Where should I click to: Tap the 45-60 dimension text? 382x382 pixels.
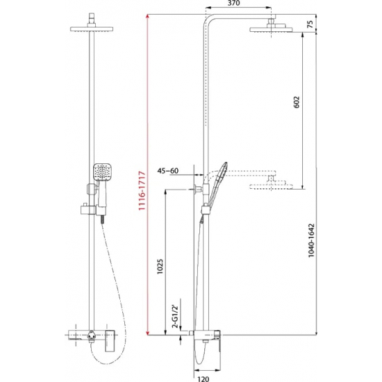click(168, 170)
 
